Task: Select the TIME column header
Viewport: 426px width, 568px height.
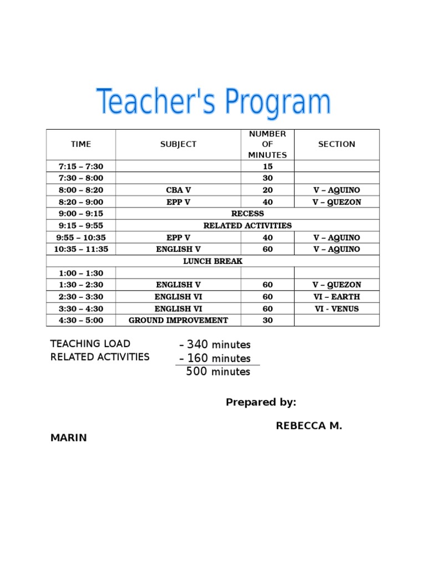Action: pyautogui.click(x=81, y=144)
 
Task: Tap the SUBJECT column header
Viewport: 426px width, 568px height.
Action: pyautogui.click(x=178, y=144)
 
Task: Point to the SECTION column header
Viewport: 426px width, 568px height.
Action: pyautogui.click(x=337, y=144)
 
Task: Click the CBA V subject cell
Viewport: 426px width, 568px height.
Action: pyautogui.click(x=178, y=190)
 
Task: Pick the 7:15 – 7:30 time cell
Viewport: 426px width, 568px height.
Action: pyautogui.click(x=81, y=166)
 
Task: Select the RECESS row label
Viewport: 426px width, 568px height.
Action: pyautogui.click(x=247, y=214)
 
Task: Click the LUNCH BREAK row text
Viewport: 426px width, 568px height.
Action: pyautogui.click(x=213, y=261)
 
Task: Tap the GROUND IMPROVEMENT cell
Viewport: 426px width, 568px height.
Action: pyautogui.click(x=178, y=321)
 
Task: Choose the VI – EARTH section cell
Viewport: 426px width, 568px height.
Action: pyautogui.click(x=337, y=297)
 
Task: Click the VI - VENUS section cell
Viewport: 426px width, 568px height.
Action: pyautogui.click(x=337, y=309)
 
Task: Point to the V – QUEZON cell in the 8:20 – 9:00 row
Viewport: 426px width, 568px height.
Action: pyautogui.click(x=337, y=202)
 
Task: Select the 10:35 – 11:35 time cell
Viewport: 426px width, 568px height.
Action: pyautogui.click(x=81, y=250)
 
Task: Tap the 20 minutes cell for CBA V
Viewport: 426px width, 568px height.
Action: pyautogui.click(x=267, y=190)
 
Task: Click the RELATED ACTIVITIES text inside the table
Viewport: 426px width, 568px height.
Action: pyautogui.click(x=247, y=226)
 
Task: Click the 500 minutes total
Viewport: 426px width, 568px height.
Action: pyautogui.click(x=218, y=372)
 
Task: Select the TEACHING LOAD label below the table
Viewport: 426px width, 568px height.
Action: pyautogui.click(x=90, y=344)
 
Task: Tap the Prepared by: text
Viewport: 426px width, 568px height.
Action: pyautogui.click(x=261, y=402)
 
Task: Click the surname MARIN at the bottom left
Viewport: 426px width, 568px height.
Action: pyautogui.click(x=69, y=438)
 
